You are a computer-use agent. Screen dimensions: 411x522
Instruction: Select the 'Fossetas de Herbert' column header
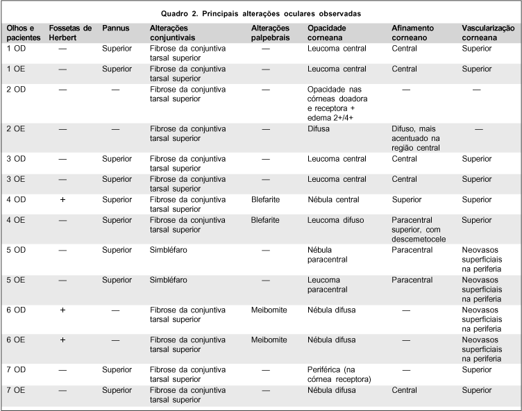[70, 32]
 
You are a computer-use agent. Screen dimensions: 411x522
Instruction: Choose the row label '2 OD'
[17, 90]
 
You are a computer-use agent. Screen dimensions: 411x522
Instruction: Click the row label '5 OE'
[17, 280]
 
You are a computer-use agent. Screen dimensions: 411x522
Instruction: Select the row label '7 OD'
[17, 370]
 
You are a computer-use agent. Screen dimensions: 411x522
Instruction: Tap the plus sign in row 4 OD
[62, 199]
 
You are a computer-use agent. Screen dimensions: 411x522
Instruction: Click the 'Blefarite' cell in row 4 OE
[265, 219]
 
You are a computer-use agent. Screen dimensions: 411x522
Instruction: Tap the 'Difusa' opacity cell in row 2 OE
[319, 129]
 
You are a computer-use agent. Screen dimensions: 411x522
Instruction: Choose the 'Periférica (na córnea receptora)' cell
[339, 375]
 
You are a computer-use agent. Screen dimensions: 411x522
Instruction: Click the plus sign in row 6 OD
[62, 310]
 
